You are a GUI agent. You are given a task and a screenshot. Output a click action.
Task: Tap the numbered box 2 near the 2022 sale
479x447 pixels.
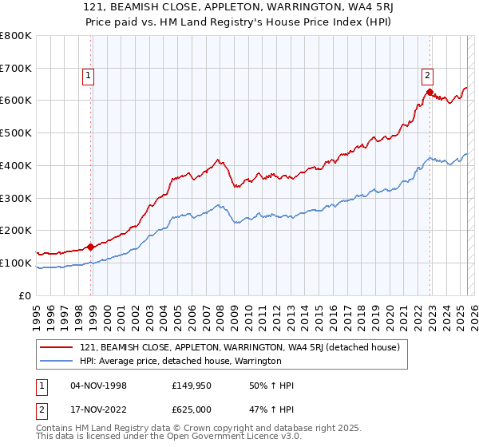(x=427, y=77)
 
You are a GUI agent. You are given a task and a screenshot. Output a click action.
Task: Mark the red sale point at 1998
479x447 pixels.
(x=90, y=247)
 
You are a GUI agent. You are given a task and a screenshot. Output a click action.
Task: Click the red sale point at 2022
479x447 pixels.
(x=430, y=93)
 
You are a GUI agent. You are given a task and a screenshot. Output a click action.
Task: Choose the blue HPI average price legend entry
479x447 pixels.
(x=180, y=361)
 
